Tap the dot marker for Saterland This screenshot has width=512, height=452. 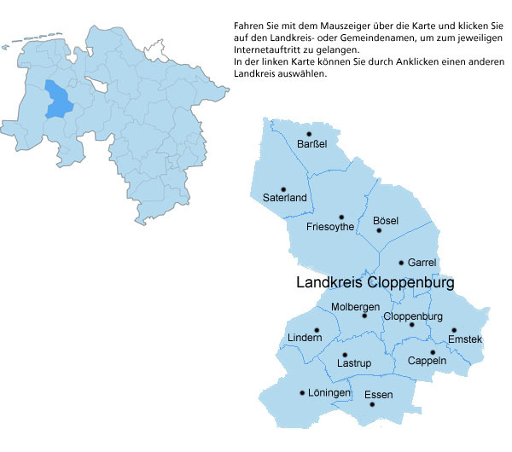(x=284, y=189)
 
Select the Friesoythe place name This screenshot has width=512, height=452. (x=330, y=227)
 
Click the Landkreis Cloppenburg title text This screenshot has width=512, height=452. (x=375, y=282)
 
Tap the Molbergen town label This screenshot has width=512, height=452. (x=355, y=306)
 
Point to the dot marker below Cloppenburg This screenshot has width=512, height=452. (x=411, y=325)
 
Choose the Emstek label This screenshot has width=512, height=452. (x=465, y=339)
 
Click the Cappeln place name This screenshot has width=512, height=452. (x=427, y=361)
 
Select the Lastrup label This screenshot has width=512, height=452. (x=353, y=363)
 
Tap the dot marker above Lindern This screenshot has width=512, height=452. (x=317, y=330)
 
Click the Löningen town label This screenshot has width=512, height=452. (x=329, y=393)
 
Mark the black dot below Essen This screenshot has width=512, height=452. (x=372, y=403)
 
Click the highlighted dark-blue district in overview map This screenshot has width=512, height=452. (x=57, y=99)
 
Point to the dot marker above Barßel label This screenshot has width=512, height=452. (x=310, y=134)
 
